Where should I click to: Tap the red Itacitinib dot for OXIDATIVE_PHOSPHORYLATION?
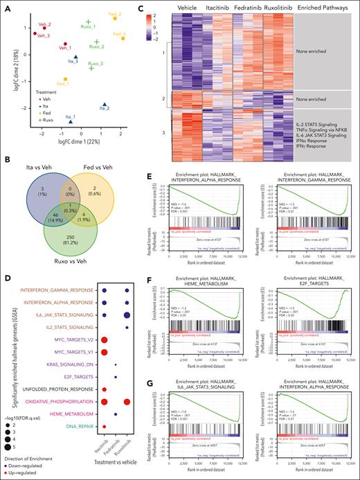click(x=103, y=401)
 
